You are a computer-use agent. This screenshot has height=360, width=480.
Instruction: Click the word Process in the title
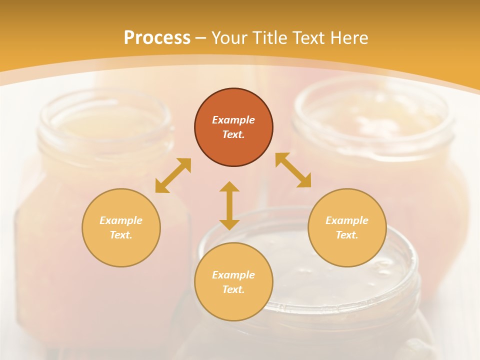click(157, 38)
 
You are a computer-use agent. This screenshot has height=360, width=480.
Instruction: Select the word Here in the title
click(348, 38)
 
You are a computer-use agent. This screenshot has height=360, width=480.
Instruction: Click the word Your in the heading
click(229, 38)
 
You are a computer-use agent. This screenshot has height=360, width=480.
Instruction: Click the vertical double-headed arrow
click(229, 205)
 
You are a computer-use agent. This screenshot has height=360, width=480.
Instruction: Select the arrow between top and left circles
click(173, 175)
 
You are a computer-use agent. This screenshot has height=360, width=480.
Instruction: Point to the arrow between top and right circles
click(293, 170)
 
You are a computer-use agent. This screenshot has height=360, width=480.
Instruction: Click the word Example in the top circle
click(233, 120)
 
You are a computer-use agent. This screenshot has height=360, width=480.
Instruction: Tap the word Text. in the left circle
click(121, 235)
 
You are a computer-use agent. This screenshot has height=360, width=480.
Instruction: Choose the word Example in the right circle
click(347, 220)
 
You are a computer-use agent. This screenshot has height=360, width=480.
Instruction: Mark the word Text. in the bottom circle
click(233, 289)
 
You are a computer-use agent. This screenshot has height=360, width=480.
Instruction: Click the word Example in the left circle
click(121, 220)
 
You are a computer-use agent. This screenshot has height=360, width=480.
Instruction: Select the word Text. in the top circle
click(233, 134)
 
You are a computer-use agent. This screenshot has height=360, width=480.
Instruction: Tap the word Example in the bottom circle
click(233, 275)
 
